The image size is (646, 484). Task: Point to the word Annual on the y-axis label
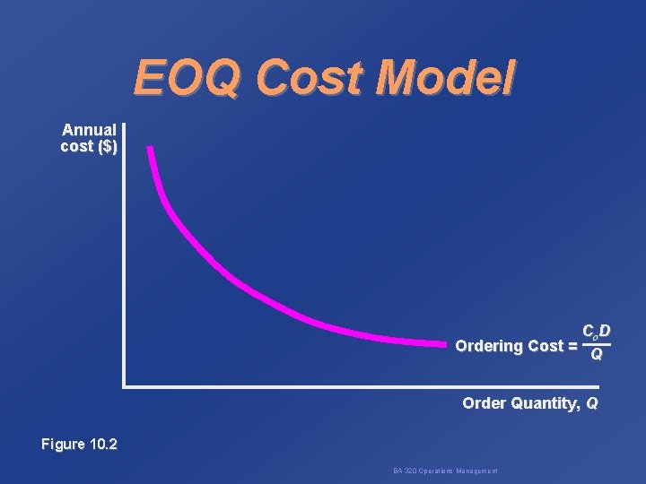pyautogui.click(x=89, y=131)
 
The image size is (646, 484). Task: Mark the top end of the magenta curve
pyautogui.click(x=151, y=148)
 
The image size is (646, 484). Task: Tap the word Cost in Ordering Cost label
pyautogui.click(x=547, y=346)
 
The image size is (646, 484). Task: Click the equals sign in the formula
pyautogui.click(x=572, y=346)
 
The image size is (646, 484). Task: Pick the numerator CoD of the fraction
pyautogui.click(x=596, y=332)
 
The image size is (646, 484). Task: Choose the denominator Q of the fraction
pyautogui.click(x=596, y=358)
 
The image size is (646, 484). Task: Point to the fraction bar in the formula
pyautogui.click(x=596, y=344)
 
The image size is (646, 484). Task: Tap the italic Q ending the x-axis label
pyautogui.click(x=591, y=404)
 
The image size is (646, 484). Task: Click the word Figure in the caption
pyautogui.click(x=64, y=445)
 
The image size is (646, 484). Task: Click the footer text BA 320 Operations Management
pyautogui.click(x=446, y=471)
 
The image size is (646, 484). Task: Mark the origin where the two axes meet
pyautogui.click(x=125, y=386)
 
